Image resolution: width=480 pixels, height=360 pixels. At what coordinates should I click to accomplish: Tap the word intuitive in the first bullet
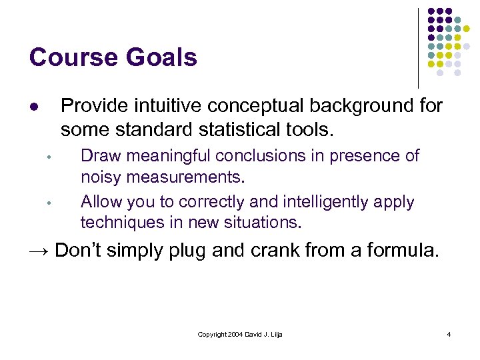point(167,105)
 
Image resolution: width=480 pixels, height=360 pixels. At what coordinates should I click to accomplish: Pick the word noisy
point(100,178)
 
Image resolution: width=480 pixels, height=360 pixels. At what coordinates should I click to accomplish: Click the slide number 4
point(449,334)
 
